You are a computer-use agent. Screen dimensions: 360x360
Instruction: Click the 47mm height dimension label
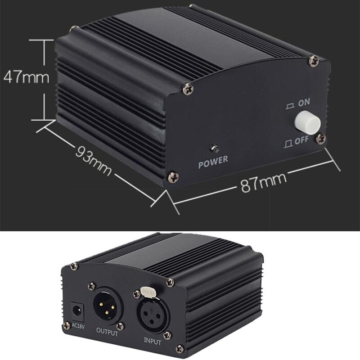(26, 77)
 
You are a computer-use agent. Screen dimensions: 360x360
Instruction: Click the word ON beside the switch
(304, 103)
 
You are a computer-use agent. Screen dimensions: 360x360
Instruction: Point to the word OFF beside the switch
(301, 140)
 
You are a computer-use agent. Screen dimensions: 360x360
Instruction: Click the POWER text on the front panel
(213, 159)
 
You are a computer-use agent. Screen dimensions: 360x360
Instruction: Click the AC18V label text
(79, 325)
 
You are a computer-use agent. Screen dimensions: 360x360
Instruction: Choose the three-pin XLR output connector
(107, 307)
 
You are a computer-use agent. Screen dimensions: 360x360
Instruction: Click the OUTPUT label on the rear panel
(107, 334)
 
